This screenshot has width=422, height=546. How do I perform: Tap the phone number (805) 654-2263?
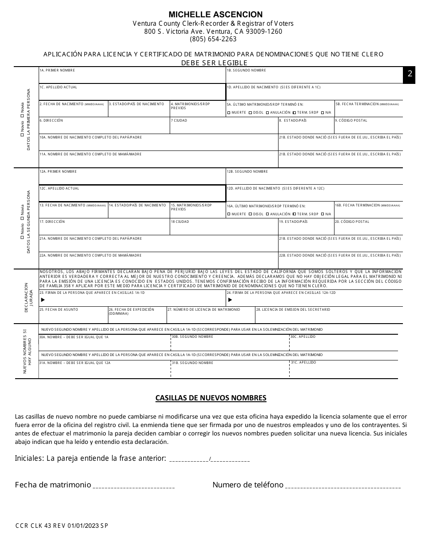213,39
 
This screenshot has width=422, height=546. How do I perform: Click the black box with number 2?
410,75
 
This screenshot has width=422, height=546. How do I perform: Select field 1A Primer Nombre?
132,77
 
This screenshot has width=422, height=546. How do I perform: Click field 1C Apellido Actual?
132,93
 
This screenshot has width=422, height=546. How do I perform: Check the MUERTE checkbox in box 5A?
229,113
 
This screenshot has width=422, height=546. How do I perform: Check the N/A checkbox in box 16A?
322,214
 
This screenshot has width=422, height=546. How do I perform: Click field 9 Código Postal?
368,127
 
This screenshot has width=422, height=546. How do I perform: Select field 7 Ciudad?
224,127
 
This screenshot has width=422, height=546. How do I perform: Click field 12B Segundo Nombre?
315,178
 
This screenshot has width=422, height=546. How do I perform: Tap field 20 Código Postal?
368,228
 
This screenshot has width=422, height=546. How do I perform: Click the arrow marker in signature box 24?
230,300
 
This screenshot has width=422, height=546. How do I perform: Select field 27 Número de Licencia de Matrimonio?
211,316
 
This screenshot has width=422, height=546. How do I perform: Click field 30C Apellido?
343,344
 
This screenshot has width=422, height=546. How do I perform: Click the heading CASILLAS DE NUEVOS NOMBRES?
211,398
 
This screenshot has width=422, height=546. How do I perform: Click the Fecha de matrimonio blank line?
133,486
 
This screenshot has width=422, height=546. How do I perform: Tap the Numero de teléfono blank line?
342,486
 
